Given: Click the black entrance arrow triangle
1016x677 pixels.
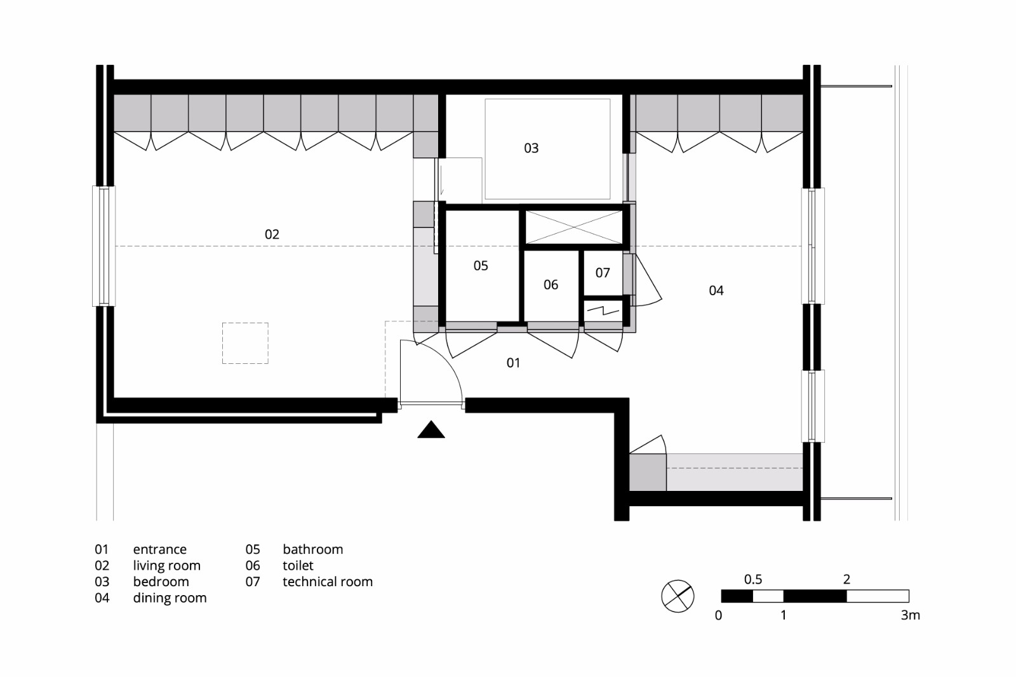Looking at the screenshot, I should click(431, 431).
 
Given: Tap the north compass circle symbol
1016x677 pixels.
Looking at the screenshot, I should click(678, 596).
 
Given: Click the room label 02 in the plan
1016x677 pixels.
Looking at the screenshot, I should click(272, 234).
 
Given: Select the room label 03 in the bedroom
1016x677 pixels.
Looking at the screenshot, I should click(531, 148).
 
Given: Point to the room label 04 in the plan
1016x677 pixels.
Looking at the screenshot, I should click(716, 290).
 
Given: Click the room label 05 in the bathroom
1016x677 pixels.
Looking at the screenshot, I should click(481, 265).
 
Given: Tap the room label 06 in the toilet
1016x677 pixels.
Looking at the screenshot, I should click(551, 285).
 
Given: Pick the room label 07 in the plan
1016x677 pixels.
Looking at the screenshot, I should click(603, 272).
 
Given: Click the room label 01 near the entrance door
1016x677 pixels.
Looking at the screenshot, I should click(513, 363).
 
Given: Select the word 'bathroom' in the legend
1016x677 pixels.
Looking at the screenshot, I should click(312, 549).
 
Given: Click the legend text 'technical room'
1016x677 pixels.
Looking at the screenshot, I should click(328, 582).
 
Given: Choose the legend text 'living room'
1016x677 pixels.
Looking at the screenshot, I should click(166, 566).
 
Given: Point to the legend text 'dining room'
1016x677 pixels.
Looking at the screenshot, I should click(170, 598).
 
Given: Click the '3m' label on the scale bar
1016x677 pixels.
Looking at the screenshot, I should click(910, 615).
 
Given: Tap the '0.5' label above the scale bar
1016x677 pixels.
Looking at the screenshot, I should click(753, 579).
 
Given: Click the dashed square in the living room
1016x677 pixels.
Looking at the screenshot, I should click(245, 343).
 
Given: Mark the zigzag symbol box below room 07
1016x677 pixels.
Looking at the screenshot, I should click(603, 311).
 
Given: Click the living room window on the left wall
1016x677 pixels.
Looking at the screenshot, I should click(104, 246).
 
